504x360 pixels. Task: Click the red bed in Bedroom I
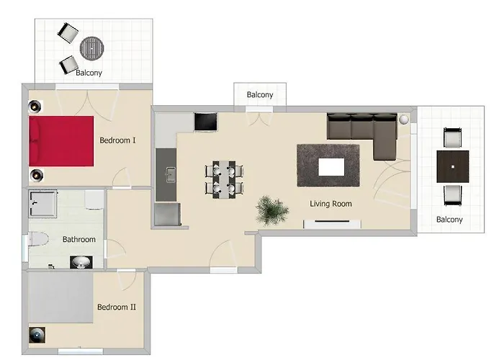(61, 141)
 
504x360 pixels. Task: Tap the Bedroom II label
(117, 307)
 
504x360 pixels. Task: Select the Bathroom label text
(79, 240)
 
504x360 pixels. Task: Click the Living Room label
(330, 204)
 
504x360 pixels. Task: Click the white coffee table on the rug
(331, 167)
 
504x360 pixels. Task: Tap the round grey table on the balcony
(92, 48)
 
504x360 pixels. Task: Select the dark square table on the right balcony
(453, 166)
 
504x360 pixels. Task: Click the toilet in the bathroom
(38, 239)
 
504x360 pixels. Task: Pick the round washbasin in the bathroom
(81, 262)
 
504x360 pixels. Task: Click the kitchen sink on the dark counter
(171, 174)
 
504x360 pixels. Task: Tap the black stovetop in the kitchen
(206, 122)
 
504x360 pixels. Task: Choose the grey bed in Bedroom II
(60, 297)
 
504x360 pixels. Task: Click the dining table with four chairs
(225, 179)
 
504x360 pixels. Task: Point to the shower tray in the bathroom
(42, 203)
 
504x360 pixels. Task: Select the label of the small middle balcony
(260, 95)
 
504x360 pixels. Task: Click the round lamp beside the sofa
(404, 120)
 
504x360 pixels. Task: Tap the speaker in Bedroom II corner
(37, 335)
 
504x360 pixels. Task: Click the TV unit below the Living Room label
(332, 224)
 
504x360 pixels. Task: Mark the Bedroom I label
(117, 140)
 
